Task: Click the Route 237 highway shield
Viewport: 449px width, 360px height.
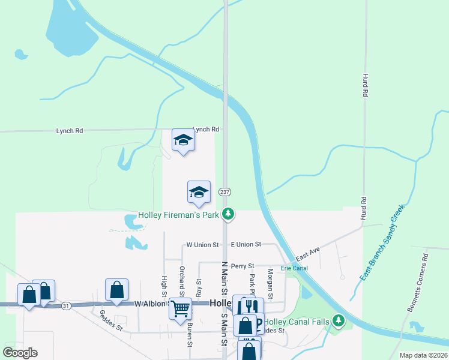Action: click(x=224, y=192)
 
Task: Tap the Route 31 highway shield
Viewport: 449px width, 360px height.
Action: click(x=66, y=305)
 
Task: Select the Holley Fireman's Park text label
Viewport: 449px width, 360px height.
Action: click(x=178, y=214)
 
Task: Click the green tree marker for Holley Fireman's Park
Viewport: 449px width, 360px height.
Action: click(x=228, y=214)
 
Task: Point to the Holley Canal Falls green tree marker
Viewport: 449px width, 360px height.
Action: click(x=339, y=322)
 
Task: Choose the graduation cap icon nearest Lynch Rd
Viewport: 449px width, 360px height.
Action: click(x=183, y=140)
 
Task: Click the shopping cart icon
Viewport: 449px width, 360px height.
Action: click(x=180, y=309)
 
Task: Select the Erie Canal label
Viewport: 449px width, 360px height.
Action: click(x=294, y=268)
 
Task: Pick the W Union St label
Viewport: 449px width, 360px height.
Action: click(x=202, y=245)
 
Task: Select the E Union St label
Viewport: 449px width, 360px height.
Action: click(x=246, y=245)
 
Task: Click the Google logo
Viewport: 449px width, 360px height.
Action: click(x=20, y=353)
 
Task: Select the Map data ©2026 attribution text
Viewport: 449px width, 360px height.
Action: click(x=423, y=355)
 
